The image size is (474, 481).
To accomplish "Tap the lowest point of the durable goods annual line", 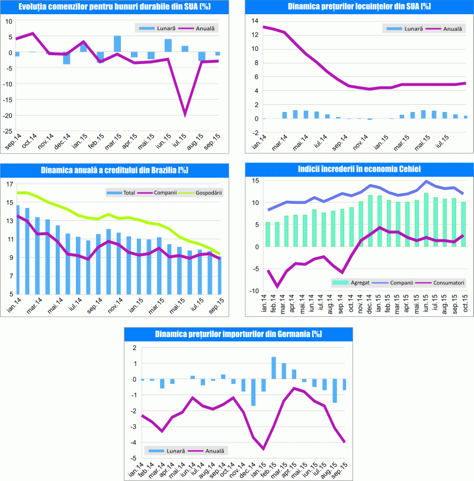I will pyautogui.click(x=185, y=114).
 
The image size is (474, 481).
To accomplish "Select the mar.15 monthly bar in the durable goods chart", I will pyautogui.click(x=117, y=44).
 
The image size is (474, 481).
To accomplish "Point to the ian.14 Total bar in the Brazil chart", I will pyautogui.click(x=18, y=249).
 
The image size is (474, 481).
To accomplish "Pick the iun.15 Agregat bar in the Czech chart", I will pyautogui.click(x=426, y=220).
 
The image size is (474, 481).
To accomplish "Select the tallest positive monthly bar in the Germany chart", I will pyautogui.click(x=274, y=368).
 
